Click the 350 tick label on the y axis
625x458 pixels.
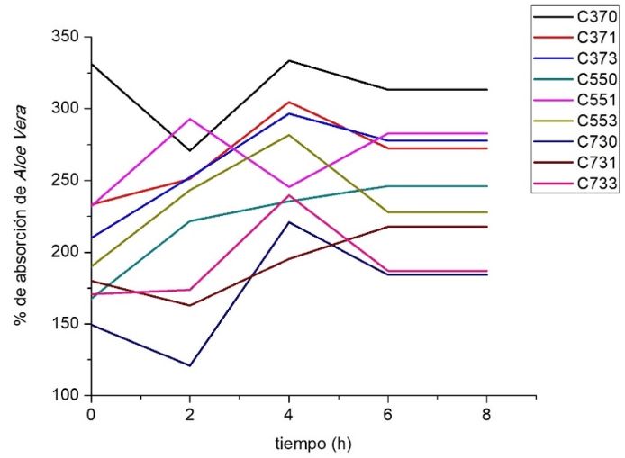[66, 37]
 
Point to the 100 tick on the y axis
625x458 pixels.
[66, 395]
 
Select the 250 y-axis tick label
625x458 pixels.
[66, 180]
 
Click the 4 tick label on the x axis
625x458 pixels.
[289, 412]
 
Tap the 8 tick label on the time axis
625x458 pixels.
[487, 412]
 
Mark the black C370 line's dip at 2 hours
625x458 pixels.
[190, 150]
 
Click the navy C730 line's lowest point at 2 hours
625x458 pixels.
[190, 365]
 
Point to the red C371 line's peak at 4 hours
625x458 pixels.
[289, 102]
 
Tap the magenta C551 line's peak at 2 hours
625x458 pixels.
[190, 119]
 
